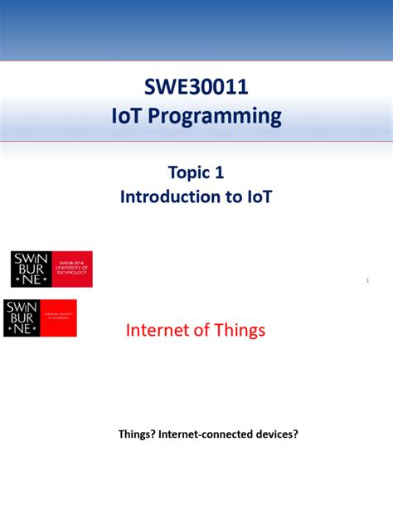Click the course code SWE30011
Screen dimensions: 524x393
[x=196, y=87]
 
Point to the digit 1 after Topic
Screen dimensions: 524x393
[x=219, y=172]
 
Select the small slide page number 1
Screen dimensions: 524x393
[x=366, y=282]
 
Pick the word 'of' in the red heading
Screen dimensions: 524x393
[x=201, y=330]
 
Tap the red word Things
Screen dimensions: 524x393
[x=239, y=330]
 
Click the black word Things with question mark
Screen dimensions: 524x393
[x=137, y=433]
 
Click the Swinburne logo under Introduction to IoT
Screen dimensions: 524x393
[x=51, y=269]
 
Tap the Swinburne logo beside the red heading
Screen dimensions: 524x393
[x=40, y=318]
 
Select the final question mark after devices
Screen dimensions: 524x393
[x=294, y=433]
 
